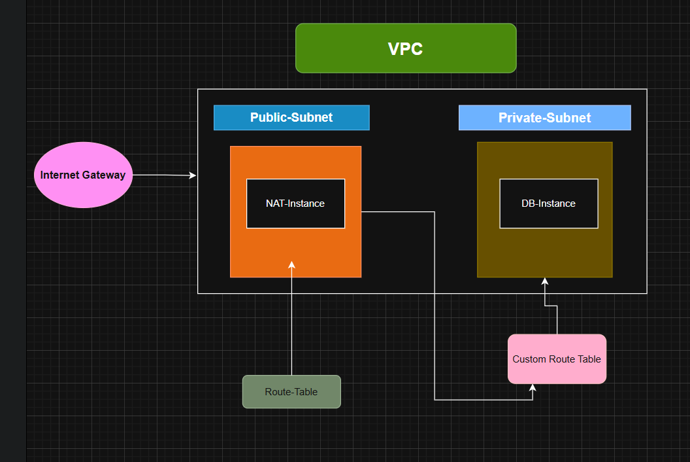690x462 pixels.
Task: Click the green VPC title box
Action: pos(406,48)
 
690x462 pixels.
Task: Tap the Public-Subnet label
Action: pos(291,118)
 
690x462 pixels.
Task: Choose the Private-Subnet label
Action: pos(544,118)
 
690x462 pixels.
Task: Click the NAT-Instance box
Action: pos(295,204)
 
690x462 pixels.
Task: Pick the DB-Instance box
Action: pos(548,204)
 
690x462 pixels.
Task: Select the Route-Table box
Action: pos(291,392)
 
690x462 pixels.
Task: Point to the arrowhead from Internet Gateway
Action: pos(193,175)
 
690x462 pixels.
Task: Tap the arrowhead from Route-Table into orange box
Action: pos(292,265)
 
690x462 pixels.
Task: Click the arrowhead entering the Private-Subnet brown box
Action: pos(544,281)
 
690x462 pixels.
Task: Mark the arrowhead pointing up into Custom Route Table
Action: pos(533,388)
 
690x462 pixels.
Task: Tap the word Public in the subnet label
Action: pos(267,118)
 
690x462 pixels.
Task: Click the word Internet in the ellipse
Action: pos(59,175)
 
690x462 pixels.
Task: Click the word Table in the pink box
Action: pos(588,359)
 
